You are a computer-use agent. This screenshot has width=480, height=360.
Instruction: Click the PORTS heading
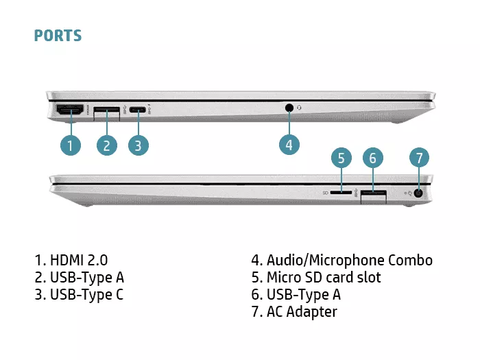58,36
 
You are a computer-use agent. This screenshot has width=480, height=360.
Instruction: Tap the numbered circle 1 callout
70,145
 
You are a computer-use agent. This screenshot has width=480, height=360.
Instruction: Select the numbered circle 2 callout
106,145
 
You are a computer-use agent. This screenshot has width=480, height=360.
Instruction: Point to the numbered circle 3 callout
138,145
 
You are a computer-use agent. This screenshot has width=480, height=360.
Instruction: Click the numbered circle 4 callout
289,144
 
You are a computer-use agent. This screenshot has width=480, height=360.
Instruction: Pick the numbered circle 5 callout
341,158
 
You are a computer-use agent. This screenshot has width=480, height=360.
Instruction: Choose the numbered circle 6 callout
372,158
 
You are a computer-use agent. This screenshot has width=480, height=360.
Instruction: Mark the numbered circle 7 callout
420,158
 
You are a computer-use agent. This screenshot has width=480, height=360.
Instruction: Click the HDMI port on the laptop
69,110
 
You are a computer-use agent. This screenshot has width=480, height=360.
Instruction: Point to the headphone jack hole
289,108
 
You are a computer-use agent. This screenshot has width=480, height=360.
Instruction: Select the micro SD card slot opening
341,193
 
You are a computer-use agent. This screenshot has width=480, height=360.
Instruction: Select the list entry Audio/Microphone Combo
341,260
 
